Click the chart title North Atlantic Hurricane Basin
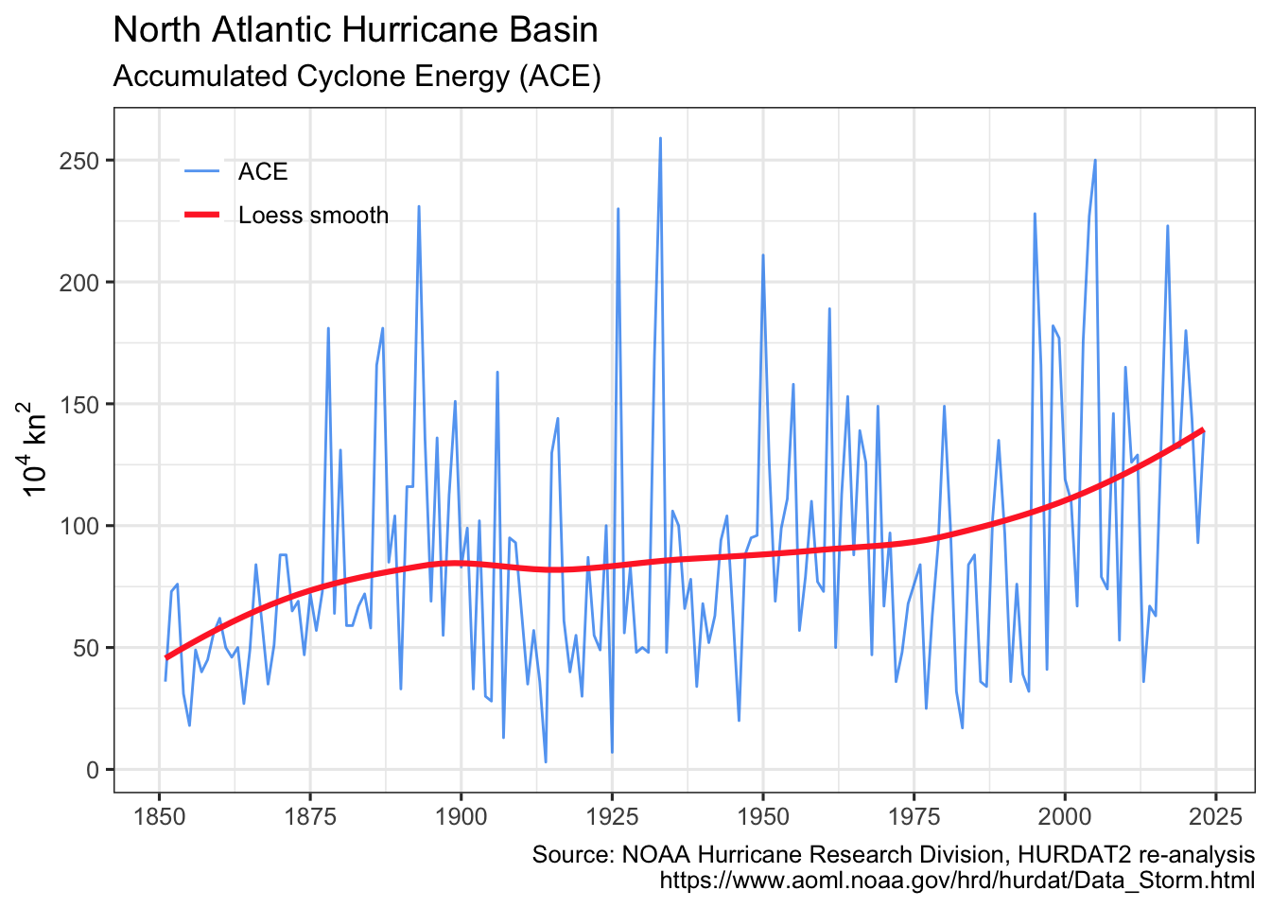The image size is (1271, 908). pos(355,30)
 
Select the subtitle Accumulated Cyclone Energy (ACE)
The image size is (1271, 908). pos(357,76)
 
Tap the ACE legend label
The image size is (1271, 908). pos(262,171)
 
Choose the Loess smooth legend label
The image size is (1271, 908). pos(313,216)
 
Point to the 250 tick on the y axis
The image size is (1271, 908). pos(78,161)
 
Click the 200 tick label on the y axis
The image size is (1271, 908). pos(78,283)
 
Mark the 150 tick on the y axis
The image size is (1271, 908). pos(78,405)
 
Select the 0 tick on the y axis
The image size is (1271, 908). pos(92,770)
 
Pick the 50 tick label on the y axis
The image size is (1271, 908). pos(85,648)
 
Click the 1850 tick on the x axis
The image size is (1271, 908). pos(159,815)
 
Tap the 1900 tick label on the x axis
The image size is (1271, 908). pos(461,815)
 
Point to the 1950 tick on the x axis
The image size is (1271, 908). pos(762,815)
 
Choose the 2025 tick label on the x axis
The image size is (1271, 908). pos(1215,815)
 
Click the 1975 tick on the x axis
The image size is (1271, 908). pos(914,815)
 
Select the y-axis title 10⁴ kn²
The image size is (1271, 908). pos(33,448)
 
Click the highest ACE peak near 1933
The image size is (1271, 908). pos(660,138)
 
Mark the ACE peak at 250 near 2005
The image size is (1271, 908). pos(1095,160)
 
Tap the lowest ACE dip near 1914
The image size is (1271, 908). pos(546,761)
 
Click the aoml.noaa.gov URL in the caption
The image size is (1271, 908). pos(956,881)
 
